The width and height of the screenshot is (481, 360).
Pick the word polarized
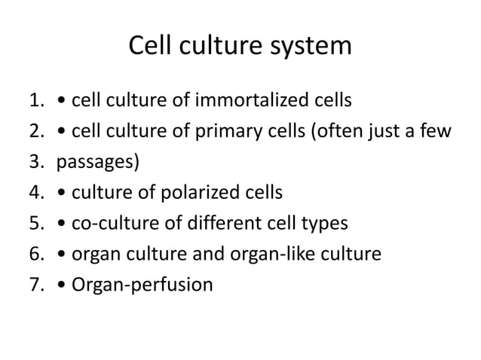pos(195,193)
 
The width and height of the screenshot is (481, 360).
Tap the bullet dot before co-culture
pos(63,224)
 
